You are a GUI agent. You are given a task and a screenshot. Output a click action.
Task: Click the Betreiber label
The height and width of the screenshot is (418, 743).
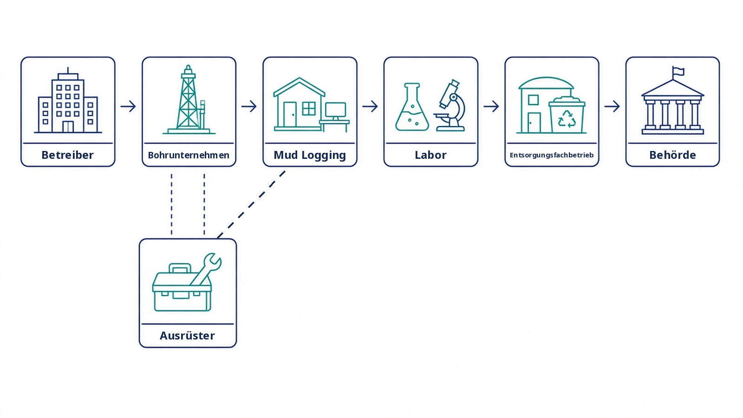click(x=68, y=155)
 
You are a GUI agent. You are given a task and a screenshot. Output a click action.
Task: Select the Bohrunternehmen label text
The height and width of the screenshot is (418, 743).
click(x=189, y=155)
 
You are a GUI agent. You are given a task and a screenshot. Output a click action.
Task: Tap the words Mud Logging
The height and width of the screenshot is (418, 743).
click(x=310, y=155)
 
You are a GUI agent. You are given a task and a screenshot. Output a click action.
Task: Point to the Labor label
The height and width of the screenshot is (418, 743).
click(x=430, y=155)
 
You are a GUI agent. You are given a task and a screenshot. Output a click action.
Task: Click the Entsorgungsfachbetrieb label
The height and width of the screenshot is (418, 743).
click(x=552, y=155)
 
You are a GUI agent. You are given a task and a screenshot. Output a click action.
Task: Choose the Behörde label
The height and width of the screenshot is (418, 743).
click(x=673, y=155)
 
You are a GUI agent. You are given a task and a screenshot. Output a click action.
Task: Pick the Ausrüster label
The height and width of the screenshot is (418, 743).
click(x=188, y=335)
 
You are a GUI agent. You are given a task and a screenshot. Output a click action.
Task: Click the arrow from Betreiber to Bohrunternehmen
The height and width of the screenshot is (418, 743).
click(x=128, y=106)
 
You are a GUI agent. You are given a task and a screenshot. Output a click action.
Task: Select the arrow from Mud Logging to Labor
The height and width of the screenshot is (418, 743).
click(x=370, y=106)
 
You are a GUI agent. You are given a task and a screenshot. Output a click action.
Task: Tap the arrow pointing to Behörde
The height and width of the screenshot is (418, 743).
click(x=613, y=106)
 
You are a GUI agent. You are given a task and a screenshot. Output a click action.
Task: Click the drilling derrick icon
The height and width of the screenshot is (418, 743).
click(x=189, y=99)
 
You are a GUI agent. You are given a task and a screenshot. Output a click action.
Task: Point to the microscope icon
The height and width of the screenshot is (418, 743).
click(x=450, y=105)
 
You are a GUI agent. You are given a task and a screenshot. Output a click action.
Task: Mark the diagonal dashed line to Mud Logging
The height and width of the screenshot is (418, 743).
click(x=251, y=205)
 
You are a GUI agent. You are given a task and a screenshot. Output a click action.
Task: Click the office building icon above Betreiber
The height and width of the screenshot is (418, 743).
click(x=68, y=100)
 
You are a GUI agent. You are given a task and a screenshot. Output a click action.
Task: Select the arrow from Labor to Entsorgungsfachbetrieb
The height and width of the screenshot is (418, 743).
click(x=491, y=106)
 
